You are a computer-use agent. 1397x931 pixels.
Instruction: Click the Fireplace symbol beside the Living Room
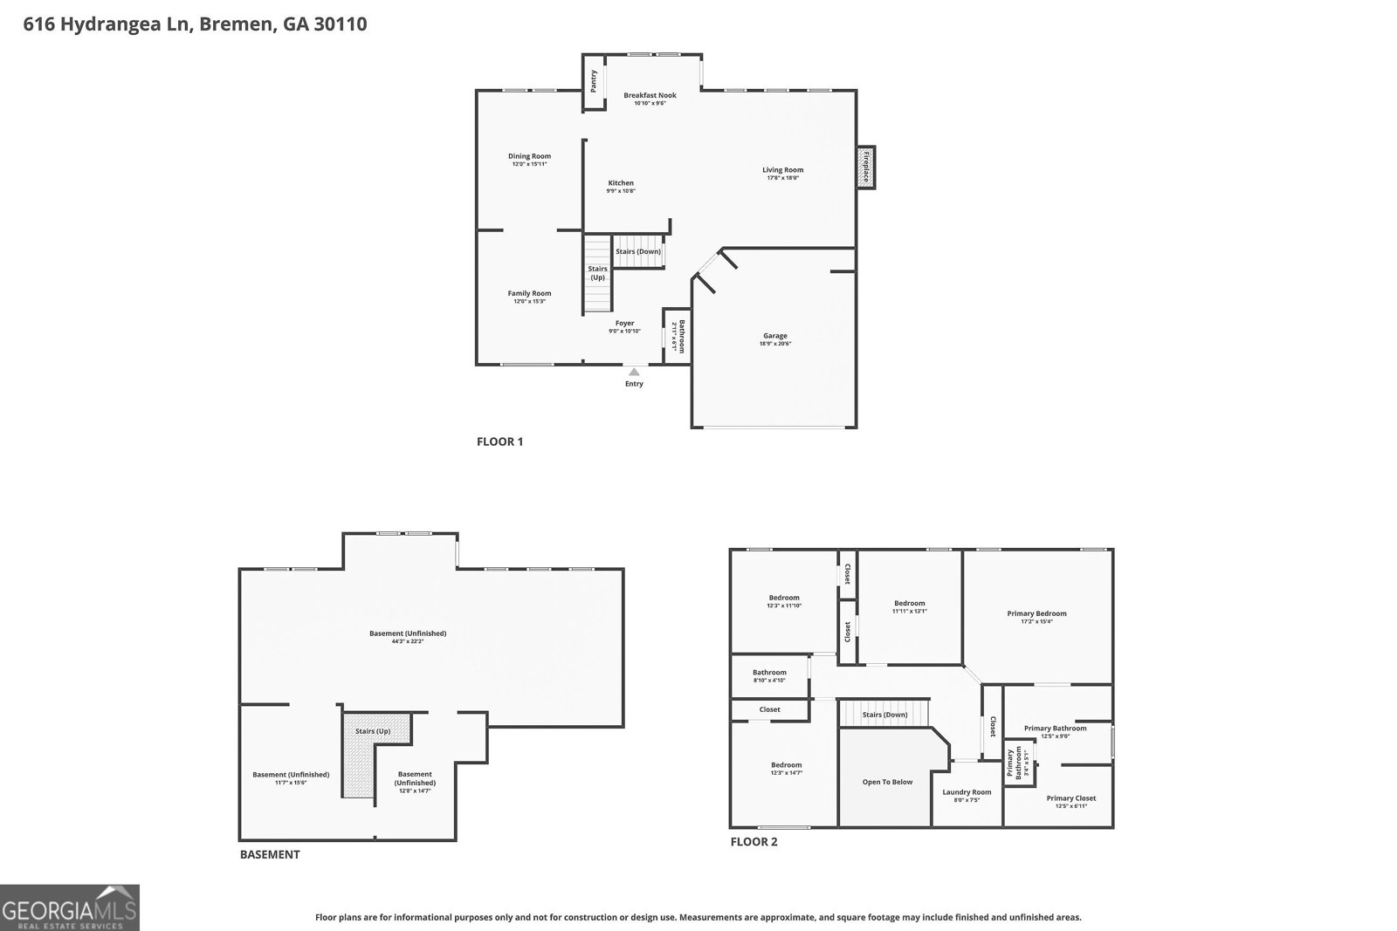click(x=866, y=167)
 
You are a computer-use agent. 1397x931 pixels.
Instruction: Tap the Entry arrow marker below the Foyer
click(x=634, y=373)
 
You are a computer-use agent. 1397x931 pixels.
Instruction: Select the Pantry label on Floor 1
click(x=594, y=81)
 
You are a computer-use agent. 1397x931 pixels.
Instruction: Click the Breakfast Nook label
click(x=650, y=95)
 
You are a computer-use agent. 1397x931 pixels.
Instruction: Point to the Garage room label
click(x=774, y=336)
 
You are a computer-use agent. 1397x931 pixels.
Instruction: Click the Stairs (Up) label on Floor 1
click(x=597, y=273)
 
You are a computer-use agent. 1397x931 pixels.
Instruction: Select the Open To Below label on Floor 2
click(x=887, y=782)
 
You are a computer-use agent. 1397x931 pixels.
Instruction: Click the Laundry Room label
click(x=967, y=792)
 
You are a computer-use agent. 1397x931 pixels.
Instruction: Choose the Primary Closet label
click(x=1070, y=798)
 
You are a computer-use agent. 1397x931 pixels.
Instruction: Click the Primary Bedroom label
click(x=1036, y=613)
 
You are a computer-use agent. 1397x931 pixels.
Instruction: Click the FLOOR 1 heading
click(x=499, y=442)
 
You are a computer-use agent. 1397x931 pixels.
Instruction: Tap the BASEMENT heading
click(x=270, y=854)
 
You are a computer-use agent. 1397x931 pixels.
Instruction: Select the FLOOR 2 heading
click(x=754, y=842)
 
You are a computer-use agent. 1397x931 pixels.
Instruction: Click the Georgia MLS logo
click(x=70, y=907)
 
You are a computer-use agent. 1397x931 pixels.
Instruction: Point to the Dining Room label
click(x=529, y=156)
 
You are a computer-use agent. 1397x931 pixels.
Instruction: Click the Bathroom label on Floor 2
click(x=769, y=672)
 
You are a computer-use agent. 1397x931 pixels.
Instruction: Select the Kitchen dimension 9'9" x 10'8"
click(x=621, y=191)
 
